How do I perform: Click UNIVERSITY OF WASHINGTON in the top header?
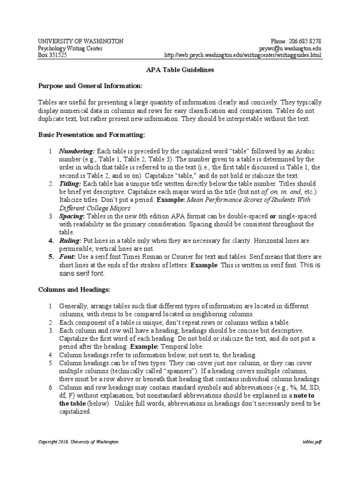click(x=80, y=41)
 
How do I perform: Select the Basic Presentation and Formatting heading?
click(x=91, y=135)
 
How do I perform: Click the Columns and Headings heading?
click(x=74, y=290)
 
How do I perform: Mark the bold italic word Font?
click(x=67, y=256)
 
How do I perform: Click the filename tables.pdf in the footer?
click(x=312, y=442)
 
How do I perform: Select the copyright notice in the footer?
click(x=78, y=442)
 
